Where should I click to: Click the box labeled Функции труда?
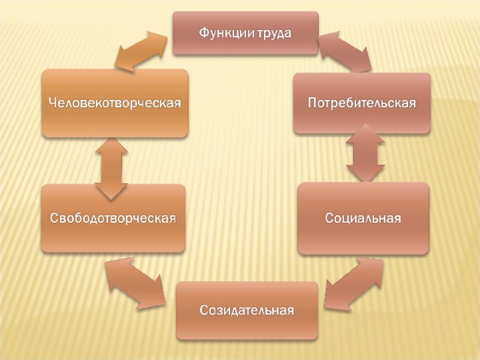click(245, 33)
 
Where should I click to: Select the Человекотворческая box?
click(115, 103)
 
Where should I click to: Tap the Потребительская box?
click(361, 103)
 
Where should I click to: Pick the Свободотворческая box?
click(113, 218)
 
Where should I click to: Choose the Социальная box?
click(363, 218)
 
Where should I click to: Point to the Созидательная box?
click(247, 310)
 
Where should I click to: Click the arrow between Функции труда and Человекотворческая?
click(141, 51)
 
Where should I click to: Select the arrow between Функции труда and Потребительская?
click(345, 52)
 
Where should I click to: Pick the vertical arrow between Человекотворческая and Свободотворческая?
click(111, 169)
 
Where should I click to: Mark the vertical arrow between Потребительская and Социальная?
click(365, 153)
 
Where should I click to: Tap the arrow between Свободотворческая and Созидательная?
click(136, 283)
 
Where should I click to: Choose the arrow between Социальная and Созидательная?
click(354, 284)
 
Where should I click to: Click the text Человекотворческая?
click(115, 103)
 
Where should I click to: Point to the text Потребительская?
click(361, 103)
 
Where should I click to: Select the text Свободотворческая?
click(113, 218)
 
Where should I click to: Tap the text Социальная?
click(363, 218)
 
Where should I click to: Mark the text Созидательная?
click(247, 310)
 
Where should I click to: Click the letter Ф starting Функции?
click(204, 33)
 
